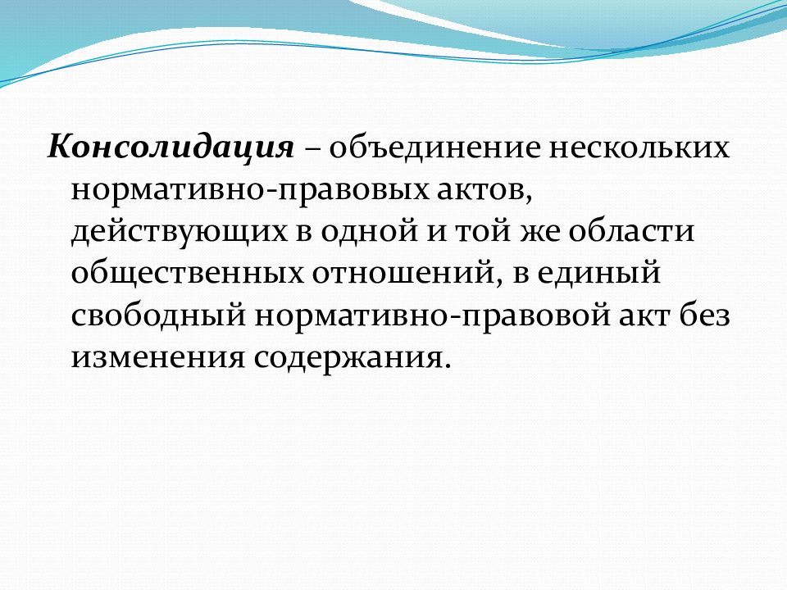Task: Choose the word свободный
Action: [153, 315]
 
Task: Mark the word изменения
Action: [155, 357]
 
